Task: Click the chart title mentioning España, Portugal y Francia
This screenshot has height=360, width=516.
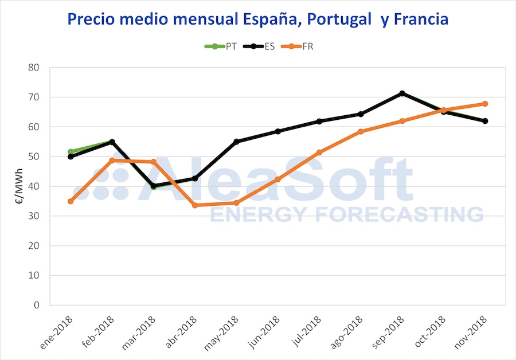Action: pos(258,19)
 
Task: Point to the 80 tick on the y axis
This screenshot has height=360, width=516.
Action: pos(35,68)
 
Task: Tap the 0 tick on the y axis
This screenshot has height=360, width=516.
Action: pos(37,306)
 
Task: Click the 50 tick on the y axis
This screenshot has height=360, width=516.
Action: pos(35,156)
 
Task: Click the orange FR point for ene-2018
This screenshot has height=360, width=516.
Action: pos(71,201)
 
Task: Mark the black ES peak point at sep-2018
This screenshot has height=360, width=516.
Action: pos(402,93)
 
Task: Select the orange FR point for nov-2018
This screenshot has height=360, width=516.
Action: pos(485,104)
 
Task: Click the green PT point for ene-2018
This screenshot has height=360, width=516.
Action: pos(71,152)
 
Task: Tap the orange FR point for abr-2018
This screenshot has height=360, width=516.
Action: pos(195,205)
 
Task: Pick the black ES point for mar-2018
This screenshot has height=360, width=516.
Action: pos(154,186)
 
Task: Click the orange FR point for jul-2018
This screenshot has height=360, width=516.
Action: pos(319,152)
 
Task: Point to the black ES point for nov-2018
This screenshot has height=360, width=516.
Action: pos(485,121)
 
